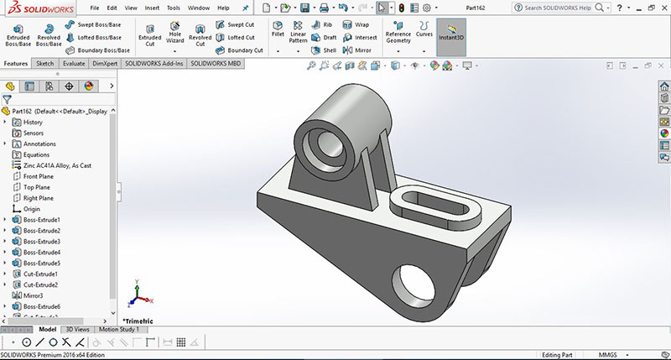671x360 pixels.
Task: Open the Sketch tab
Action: [44, 63]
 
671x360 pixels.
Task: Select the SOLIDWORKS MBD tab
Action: [216, 63]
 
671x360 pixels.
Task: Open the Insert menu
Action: [152, 8]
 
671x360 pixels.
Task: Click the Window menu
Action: [199, 8]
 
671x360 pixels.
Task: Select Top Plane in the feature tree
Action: [38, 187]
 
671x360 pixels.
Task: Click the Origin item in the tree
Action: [32, 209]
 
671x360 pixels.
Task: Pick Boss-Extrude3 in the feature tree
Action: [42, 242]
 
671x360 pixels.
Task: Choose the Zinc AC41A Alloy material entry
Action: [57, 165]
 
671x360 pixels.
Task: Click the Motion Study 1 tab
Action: [119, 329]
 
